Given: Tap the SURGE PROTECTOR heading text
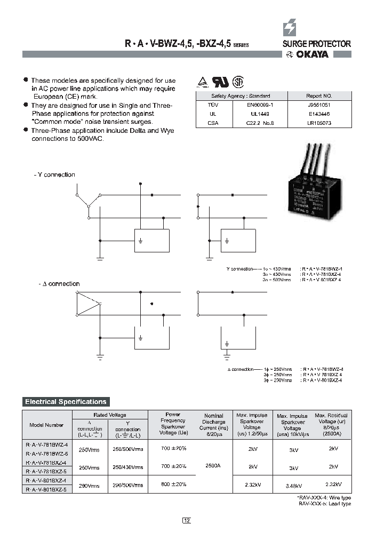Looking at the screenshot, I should tap(316, 44).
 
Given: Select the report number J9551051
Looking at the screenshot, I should tap(318, 106).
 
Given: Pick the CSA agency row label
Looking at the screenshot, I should tap(212, 123).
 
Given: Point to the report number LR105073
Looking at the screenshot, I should tap(318, 123).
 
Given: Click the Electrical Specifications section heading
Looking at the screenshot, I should tap(66, 402).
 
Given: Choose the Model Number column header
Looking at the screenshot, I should tap(46, 425).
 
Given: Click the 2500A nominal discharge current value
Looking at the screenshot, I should tap(212, 466).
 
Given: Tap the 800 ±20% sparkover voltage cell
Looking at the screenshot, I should tap(174, 485).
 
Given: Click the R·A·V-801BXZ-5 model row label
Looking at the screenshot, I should tap(46, 489).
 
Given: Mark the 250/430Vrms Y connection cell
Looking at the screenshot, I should tap(128, 467).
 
